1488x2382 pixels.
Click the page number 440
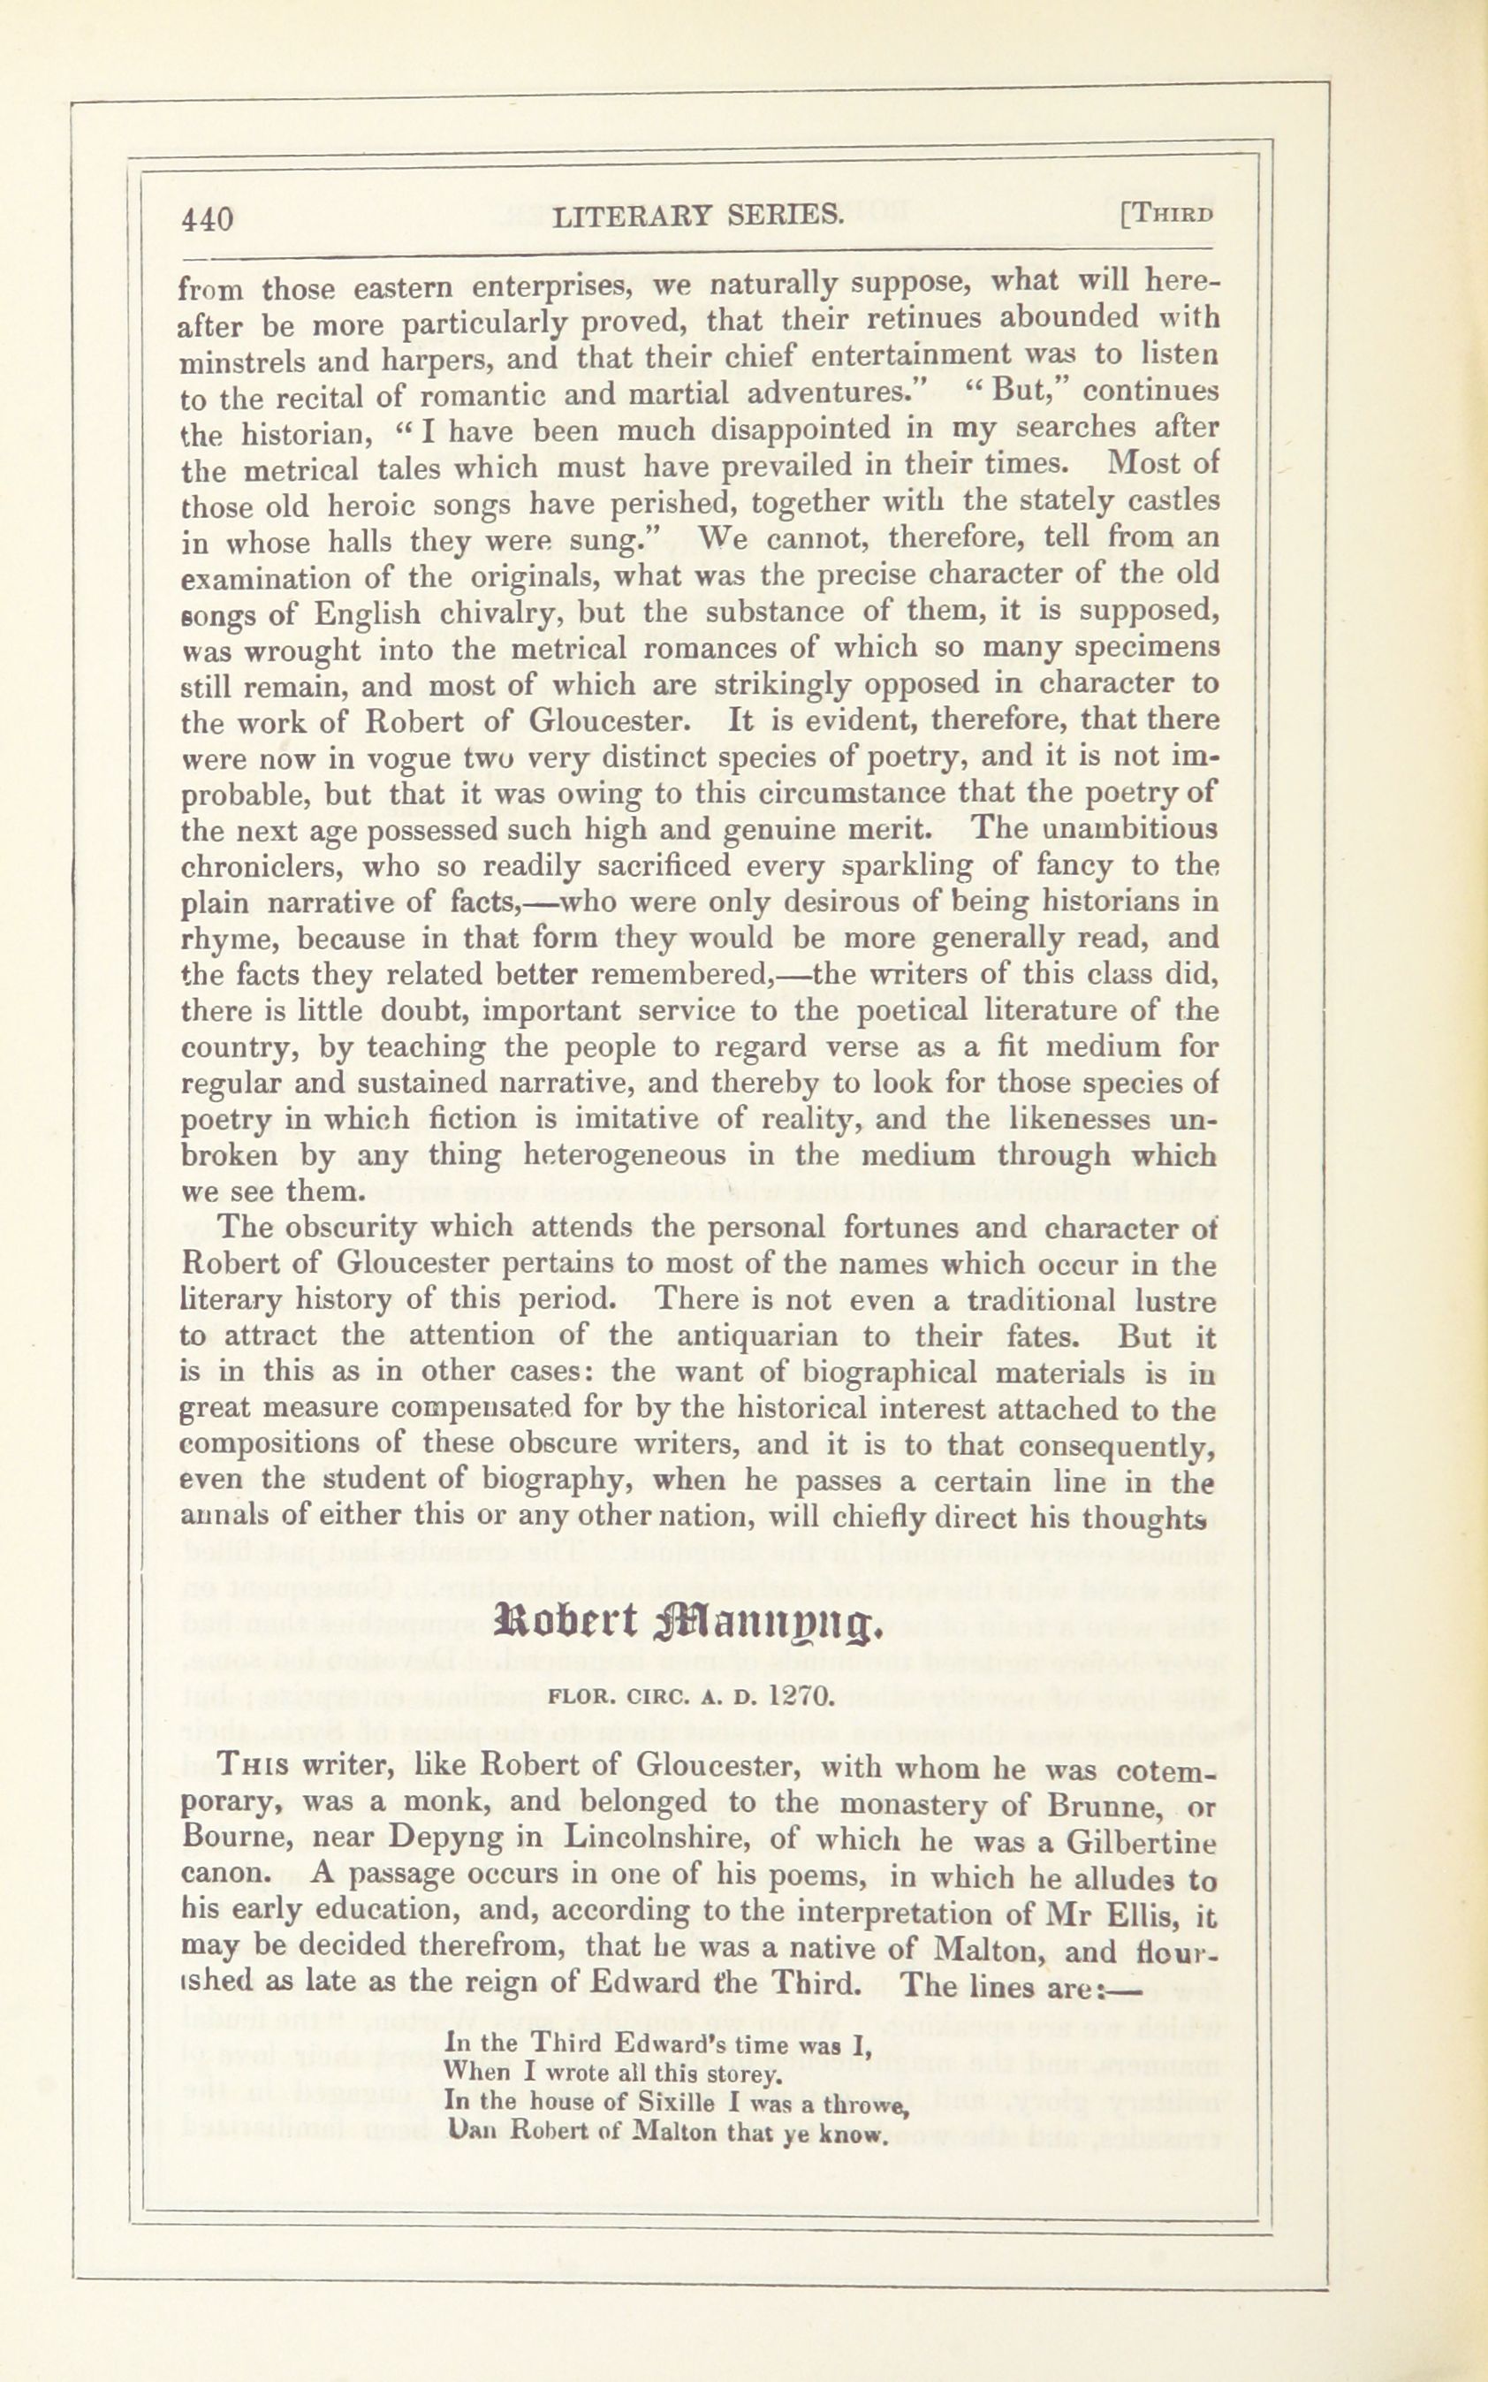[x=207, y=218]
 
